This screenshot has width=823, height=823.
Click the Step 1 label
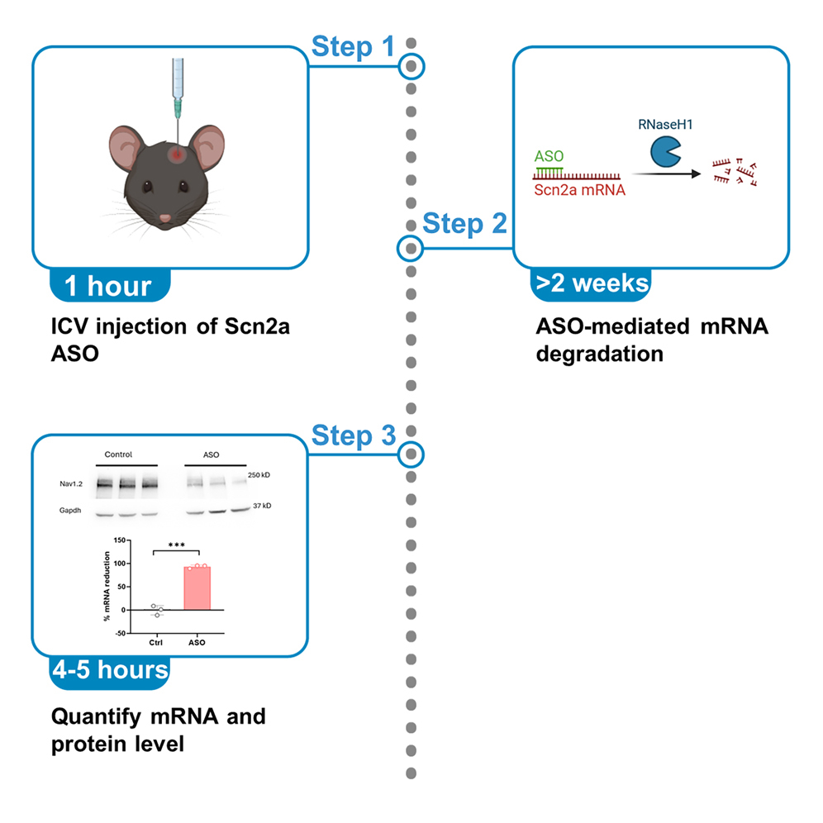(x=353, y=47)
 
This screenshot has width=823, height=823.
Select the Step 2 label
(x=464, y=224)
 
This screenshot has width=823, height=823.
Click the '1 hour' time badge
(x=108, y=287)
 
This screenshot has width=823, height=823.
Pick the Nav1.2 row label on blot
(x=69, y=483)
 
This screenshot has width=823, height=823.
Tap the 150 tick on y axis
(x=118, y=540)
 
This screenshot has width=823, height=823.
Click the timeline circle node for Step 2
(x=411, y=248)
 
